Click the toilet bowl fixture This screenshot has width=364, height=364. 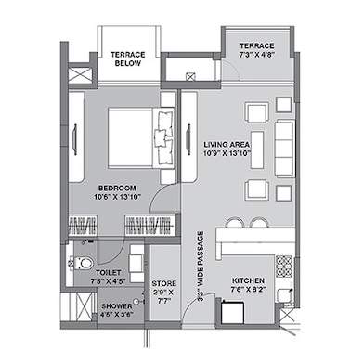point(81,263)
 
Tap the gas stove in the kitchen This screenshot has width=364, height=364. point(284,264)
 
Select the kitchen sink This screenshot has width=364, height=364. point(285,295)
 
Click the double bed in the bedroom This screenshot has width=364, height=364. point(141,138)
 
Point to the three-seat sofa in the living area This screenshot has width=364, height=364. point(285,149)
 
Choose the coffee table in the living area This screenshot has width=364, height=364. point(257,149)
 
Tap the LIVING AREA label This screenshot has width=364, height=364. point(227,144)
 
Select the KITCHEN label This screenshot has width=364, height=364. point(248,280)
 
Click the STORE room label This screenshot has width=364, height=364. point(164,283)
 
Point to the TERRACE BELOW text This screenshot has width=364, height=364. point(128,58)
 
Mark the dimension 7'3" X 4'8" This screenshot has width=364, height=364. point(257,55)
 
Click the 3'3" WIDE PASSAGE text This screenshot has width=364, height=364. point(201,266)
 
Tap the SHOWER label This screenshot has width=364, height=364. point(117,306)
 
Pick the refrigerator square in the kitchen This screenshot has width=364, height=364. point(233,312)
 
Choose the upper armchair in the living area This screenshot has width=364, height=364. point(257,113)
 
